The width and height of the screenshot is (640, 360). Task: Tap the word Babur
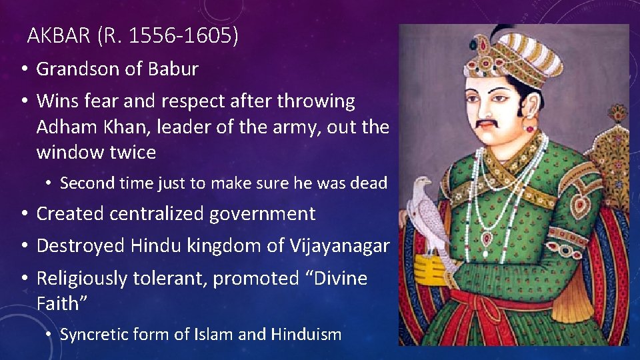click(x=173, y=69)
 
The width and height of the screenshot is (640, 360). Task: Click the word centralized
click(x=159, y=214)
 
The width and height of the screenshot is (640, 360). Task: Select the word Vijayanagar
click(x=339, y=246)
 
